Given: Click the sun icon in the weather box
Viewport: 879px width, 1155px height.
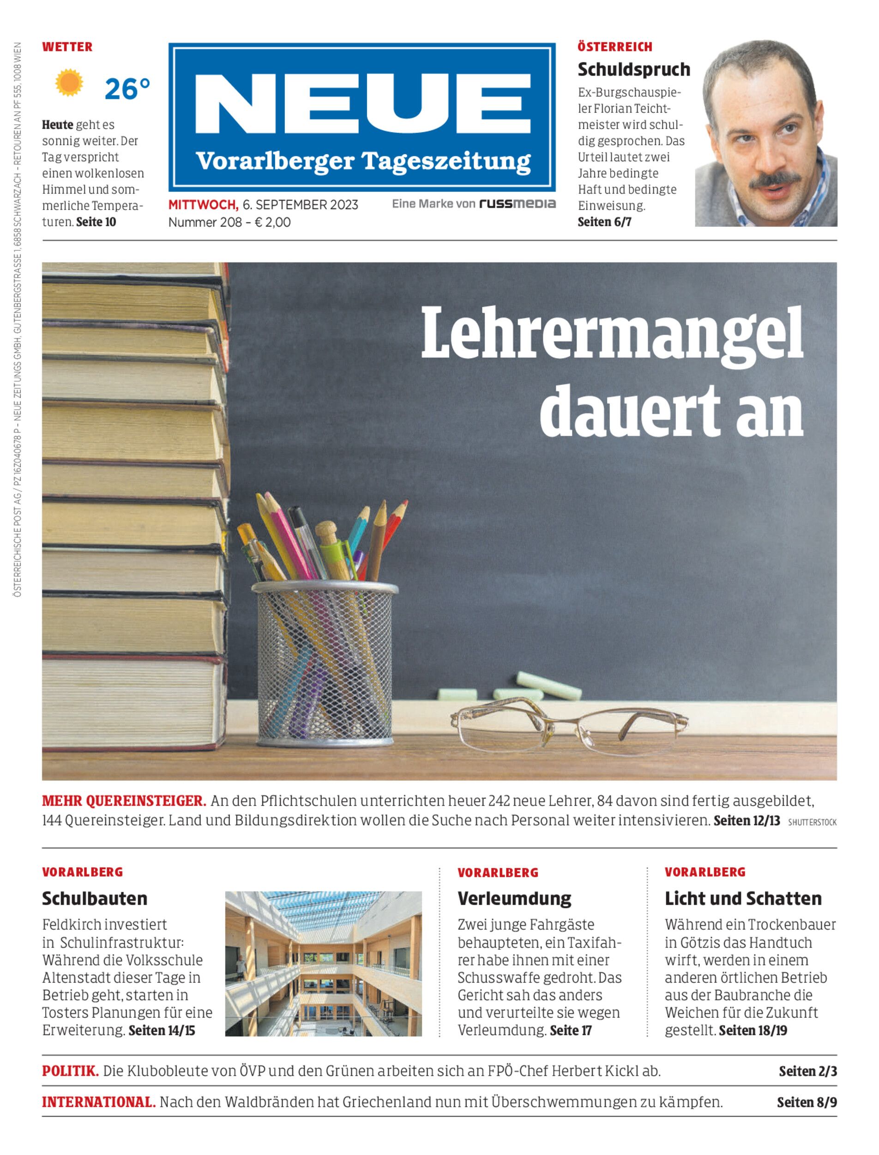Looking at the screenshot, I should click(69, 83).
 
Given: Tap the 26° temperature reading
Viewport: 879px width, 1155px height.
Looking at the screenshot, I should click(127, 89).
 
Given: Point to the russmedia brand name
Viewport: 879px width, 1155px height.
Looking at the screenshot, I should click(517, 204).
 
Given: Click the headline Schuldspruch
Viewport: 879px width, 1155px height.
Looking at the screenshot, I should click(633, 70).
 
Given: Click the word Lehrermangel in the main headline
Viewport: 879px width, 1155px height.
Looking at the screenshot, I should click(612, 334).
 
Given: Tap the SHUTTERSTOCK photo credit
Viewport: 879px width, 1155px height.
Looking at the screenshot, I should click(812, 822).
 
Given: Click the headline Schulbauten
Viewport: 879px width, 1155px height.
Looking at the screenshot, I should click(95, 899).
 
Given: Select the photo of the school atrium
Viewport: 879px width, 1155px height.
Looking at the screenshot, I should click(323, 964).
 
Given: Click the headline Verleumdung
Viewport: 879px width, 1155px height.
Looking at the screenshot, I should click(514, 899).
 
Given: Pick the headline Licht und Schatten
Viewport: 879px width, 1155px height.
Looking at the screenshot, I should click(743, 899).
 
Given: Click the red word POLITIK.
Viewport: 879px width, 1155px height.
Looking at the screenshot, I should click(71, 1071).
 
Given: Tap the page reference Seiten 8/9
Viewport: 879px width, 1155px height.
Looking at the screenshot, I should click(806, 1102).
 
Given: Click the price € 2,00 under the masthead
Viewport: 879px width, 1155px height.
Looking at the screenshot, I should click(272, 222).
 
